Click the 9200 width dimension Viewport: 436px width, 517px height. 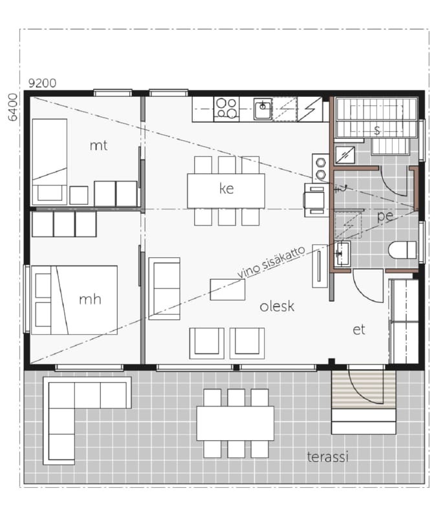click(42, 83)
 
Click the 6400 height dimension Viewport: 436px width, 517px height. click(12, 107)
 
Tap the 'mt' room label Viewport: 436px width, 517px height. click(99, 145)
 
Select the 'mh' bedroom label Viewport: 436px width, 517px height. click(90, 299)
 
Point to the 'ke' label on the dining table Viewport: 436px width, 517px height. click(226, 188)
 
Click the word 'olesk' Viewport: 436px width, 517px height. click(277, 306)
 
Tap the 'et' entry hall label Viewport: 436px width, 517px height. click(359, 330)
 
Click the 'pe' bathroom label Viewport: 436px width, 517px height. click(385, 216)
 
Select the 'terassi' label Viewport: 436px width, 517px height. click(328, 457)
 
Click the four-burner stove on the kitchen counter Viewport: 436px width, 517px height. click(226, 109)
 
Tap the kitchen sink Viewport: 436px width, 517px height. click(263, 109)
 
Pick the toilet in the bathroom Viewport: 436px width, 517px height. click(402, 250)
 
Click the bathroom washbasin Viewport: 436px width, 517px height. click(342, 253)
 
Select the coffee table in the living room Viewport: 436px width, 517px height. click(228, 290)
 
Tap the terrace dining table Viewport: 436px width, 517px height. click(235, 423)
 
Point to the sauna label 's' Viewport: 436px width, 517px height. click(377, 131)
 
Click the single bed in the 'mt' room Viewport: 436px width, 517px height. click(50, 162)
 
